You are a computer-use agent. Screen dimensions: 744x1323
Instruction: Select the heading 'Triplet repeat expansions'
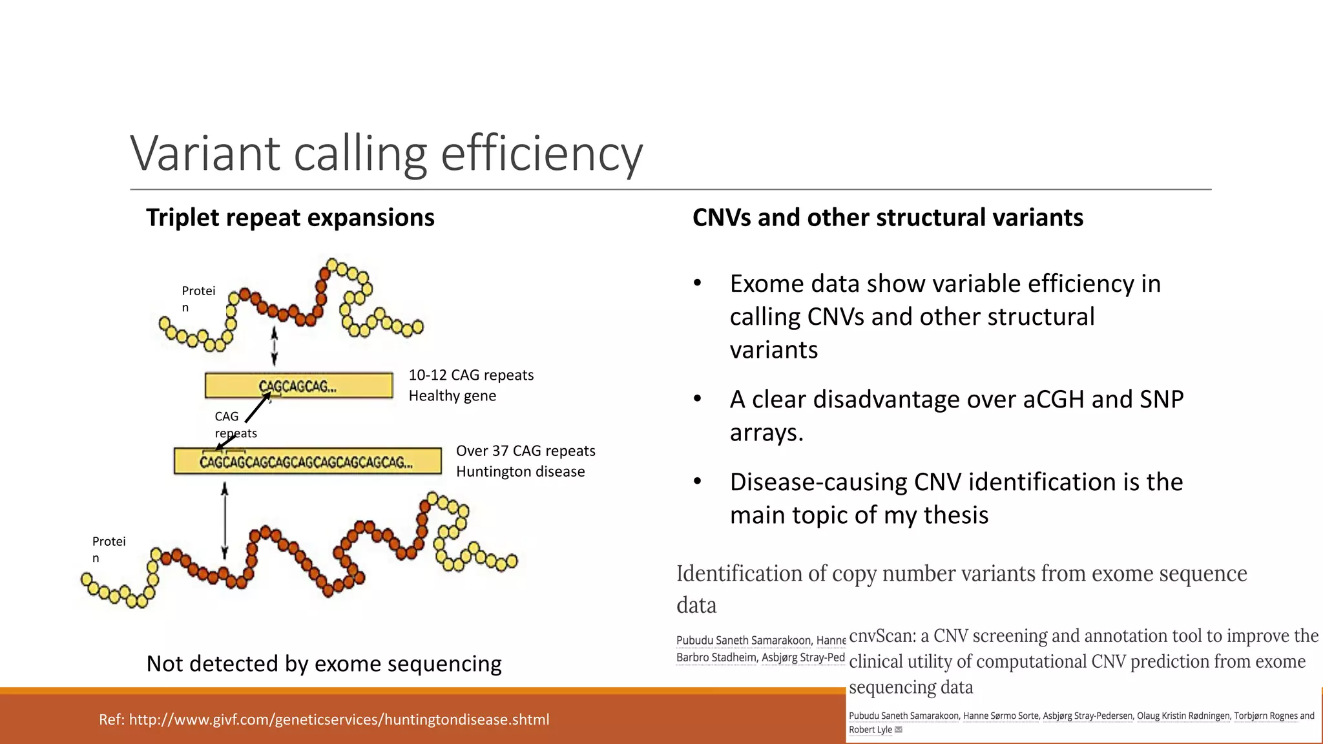click(290, 218)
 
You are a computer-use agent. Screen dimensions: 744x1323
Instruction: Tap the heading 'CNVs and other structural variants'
click(888, 218)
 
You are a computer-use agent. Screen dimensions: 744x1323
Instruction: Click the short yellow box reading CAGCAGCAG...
click(298, 386)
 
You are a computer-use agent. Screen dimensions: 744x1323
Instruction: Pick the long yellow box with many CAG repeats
click(307, 462)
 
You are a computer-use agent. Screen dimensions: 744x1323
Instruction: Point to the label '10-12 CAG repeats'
click(471, 375)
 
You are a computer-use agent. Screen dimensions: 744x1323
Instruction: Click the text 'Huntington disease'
click(520, 471)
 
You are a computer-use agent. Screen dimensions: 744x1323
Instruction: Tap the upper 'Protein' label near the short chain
click(197, 298)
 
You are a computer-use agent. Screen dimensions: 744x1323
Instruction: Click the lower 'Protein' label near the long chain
click(108, 549)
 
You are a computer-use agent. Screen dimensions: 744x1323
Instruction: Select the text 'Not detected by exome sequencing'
click(324, 664)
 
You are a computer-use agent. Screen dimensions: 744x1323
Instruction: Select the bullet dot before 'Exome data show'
click(697, 284)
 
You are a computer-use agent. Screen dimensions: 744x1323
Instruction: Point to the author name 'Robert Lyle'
click(870, 730)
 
